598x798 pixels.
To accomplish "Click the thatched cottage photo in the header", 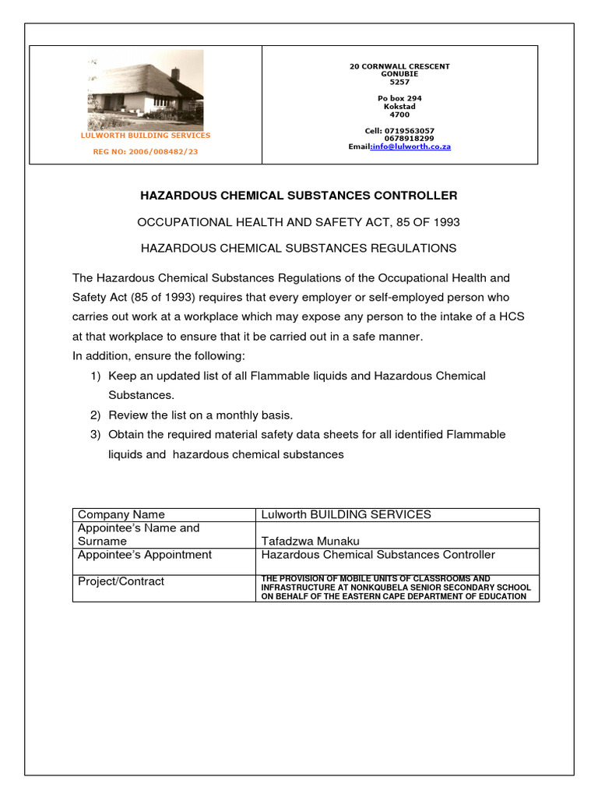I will [146, 90].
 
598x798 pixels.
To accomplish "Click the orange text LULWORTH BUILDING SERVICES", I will [146, 136].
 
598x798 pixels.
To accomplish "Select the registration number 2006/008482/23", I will [146, 152].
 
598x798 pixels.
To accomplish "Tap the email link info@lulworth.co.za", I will [411, 147].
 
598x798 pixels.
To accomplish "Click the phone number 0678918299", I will [409, 139].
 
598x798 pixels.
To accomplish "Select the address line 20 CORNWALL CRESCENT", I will [399, 66].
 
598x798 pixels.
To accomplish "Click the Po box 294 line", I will [399, 98].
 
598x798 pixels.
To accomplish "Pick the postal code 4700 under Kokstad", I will [399, 115].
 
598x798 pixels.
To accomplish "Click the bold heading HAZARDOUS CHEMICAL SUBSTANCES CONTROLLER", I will [298, 196].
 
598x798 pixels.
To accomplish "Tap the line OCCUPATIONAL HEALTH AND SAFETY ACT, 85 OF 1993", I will [298, 222].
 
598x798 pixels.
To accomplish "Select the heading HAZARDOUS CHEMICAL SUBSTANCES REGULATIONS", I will [298, 249].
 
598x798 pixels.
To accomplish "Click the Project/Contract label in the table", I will [121, 581].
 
